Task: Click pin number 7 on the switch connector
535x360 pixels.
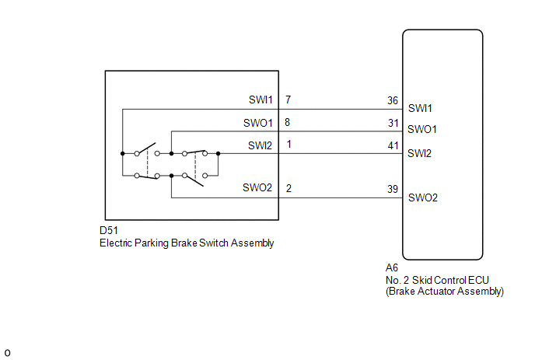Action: [288, 100]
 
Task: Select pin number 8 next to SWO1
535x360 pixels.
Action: [287, 122]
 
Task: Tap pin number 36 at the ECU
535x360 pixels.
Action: [393, 100]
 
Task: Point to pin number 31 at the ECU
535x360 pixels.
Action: [393, 123]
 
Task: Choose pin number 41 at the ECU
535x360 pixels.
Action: [393, 145]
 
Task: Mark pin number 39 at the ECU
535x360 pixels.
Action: [393, 189]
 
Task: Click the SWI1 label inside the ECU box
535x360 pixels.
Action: [420, 108]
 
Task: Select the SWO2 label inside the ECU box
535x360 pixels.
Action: [423, 197]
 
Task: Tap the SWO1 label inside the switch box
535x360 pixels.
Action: [258, 123]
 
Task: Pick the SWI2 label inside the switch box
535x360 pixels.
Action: [260, 145]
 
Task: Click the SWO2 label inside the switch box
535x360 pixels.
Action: [257, 187]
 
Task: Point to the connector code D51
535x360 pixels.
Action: [109, 230]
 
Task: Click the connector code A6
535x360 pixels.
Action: [392, 267]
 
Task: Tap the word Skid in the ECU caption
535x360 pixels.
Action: [421, 280]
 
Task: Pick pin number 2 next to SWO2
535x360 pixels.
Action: [288, 188]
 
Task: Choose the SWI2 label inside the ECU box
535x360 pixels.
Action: [419, 153]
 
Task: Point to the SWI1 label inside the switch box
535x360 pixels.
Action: [261, 100]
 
